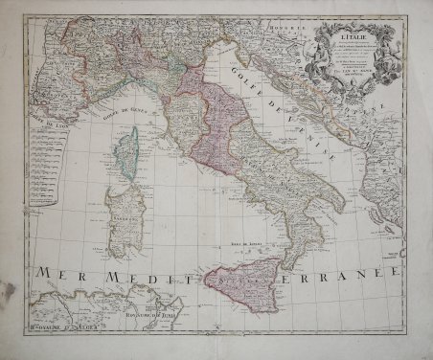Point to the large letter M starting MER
pyautogui.click(x=43, y=273)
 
